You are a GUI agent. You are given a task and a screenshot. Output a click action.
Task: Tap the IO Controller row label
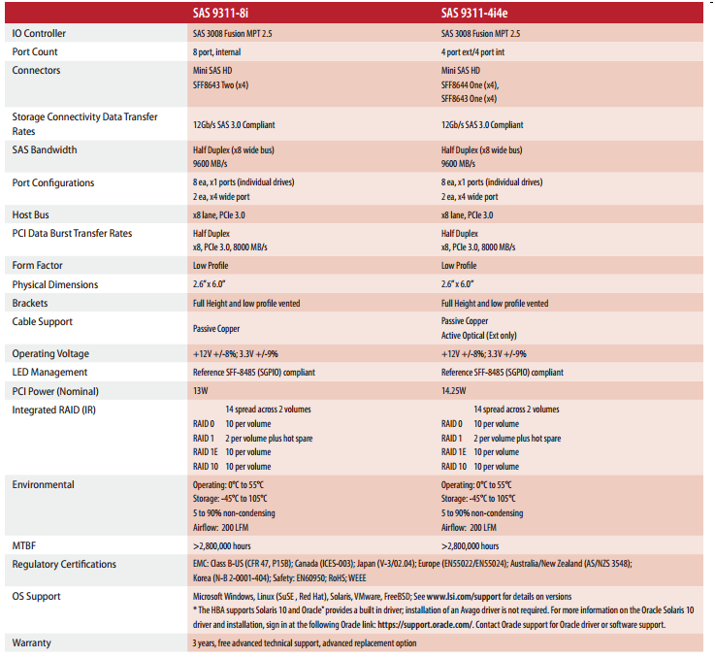(x=40, y=33)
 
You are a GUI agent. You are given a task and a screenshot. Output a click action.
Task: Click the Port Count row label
(x=35, y=51)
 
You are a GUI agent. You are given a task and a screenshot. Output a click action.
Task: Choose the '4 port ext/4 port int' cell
(x=481, y=51)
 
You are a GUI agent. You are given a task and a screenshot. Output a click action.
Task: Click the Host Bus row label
(x=31, y=214)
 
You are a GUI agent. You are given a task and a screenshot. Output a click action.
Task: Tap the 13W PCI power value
(x=202, y=391)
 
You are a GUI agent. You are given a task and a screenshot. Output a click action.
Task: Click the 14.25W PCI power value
(x=454, y=391)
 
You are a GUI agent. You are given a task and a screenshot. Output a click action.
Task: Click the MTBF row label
(x=25, y=545)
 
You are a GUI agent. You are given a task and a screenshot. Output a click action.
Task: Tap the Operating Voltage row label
(x=50, y=353)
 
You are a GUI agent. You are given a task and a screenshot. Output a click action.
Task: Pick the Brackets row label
(x=32, y=303)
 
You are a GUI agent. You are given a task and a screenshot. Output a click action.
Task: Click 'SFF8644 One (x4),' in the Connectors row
(x=477, y=84)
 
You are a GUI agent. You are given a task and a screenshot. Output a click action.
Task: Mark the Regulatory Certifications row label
(x=64, y=564)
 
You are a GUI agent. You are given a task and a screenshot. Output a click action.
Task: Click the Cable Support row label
(x=42, y=321)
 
